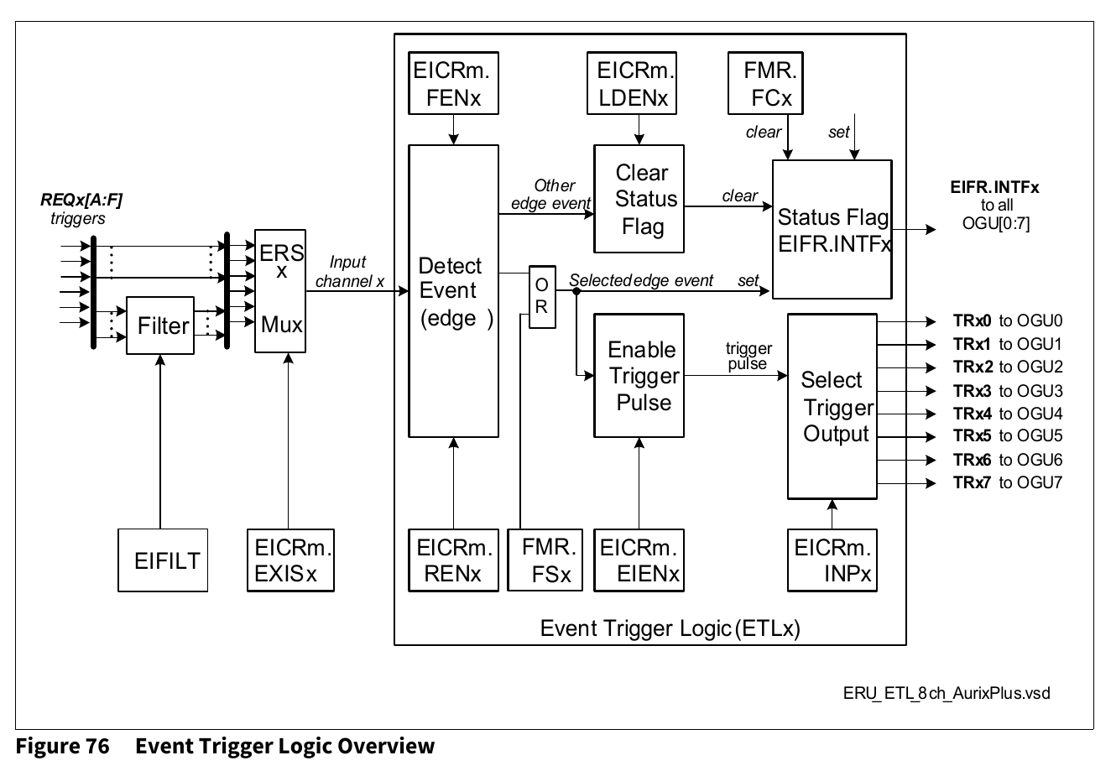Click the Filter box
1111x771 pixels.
click(x=159, y=325)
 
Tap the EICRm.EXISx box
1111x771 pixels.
click(x=291, y=560)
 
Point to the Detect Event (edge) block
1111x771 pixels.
click(x=452, y=291)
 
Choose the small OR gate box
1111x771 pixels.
click(x=541, y=297)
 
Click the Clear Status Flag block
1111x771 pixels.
click(x=640, y=199)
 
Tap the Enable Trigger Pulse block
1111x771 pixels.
click(x=640, y=376)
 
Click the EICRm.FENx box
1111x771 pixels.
click(x=452, y=83)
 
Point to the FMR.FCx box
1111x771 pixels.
click(x=764, y=83)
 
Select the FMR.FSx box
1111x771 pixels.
click(x=544, y=560)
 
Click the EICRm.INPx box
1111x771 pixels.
click(x=832, y=560)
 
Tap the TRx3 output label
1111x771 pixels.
click(x=972, y=390)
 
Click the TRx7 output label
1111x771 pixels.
click(x=972, y=482)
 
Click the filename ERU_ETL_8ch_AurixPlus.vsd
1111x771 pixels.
click(x=947, y=693)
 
